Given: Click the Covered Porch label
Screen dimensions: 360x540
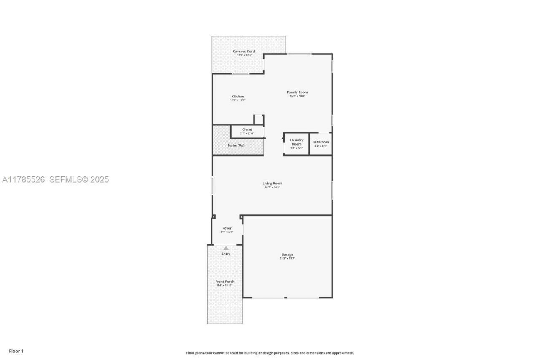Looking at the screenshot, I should point(245,51).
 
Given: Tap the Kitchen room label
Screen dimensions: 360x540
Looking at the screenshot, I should point(238,97).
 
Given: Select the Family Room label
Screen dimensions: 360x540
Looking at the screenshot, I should point(297,92).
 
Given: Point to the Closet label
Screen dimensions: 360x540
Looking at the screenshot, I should point(247,130).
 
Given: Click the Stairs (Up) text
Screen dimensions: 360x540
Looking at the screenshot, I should point(236,146).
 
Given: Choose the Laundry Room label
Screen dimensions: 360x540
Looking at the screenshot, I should point(297,142).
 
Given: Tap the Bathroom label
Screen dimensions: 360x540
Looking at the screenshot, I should point(321,142).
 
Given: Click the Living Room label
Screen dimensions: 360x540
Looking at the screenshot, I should point(272,184).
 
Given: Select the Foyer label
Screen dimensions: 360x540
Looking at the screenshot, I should point(227,228).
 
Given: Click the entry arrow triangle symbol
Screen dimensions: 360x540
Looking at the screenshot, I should point(226,248).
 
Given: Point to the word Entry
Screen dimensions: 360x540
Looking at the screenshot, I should point(226,254).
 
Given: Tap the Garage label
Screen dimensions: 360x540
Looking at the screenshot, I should point(287,254).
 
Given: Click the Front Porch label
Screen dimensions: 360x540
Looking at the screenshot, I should point(225,282).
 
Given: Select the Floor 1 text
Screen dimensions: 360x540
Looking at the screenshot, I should point(16,351).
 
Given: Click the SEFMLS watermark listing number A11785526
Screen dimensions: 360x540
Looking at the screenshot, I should point(24,180).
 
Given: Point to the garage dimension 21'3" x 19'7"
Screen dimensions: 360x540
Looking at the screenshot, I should point(287,258).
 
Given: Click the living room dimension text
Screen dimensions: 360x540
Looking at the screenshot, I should point(272,187).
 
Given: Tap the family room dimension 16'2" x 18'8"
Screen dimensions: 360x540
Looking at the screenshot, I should point(297,96).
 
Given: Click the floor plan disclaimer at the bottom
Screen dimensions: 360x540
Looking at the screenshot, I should point(270,353).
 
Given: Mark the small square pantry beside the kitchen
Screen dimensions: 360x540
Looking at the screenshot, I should point(259,119).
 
